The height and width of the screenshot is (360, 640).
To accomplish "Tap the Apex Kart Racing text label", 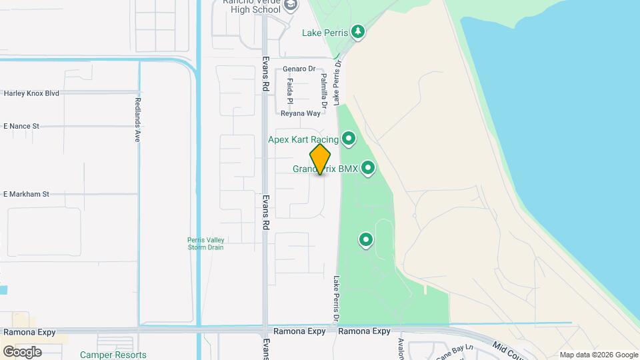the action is pyautogui.click(x=303, y=139).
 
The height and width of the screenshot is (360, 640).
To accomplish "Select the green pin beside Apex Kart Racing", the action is pyautogui.click(x=348, y=139).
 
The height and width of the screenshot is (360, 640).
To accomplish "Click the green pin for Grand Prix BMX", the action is pyautogui.click(x=367, y=169).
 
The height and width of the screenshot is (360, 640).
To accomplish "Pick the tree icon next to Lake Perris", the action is pyautogui.click(x=358, y=31).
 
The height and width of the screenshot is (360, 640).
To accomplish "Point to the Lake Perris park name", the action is pyautogui.click(x=325, y=32).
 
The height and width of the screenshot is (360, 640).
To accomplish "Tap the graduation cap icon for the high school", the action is pyautogui.click(x=289, y=5).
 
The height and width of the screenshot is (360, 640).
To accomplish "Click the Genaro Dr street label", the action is pyautogui.click(x=298, y=69).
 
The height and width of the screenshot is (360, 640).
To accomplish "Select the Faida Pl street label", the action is pyautogui.click(x=290, y=91).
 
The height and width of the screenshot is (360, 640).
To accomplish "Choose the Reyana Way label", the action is pyautogui.click(x=300, y=113).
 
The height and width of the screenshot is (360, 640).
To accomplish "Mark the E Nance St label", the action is pyautogui.click(x=21, y=125).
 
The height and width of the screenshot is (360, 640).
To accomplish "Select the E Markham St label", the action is pyautogui.click(x=26, y=194).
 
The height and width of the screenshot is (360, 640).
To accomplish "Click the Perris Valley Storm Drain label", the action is pyautogui.click(x=205, y=243).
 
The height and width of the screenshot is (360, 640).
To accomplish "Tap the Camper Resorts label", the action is pyautogui.click(x=113, y=355).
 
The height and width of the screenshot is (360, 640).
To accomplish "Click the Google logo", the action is pyautogui.click(x=22, y=351).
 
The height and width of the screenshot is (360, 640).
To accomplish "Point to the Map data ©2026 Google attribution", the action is pyautogui.click(x=599, y=355).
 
